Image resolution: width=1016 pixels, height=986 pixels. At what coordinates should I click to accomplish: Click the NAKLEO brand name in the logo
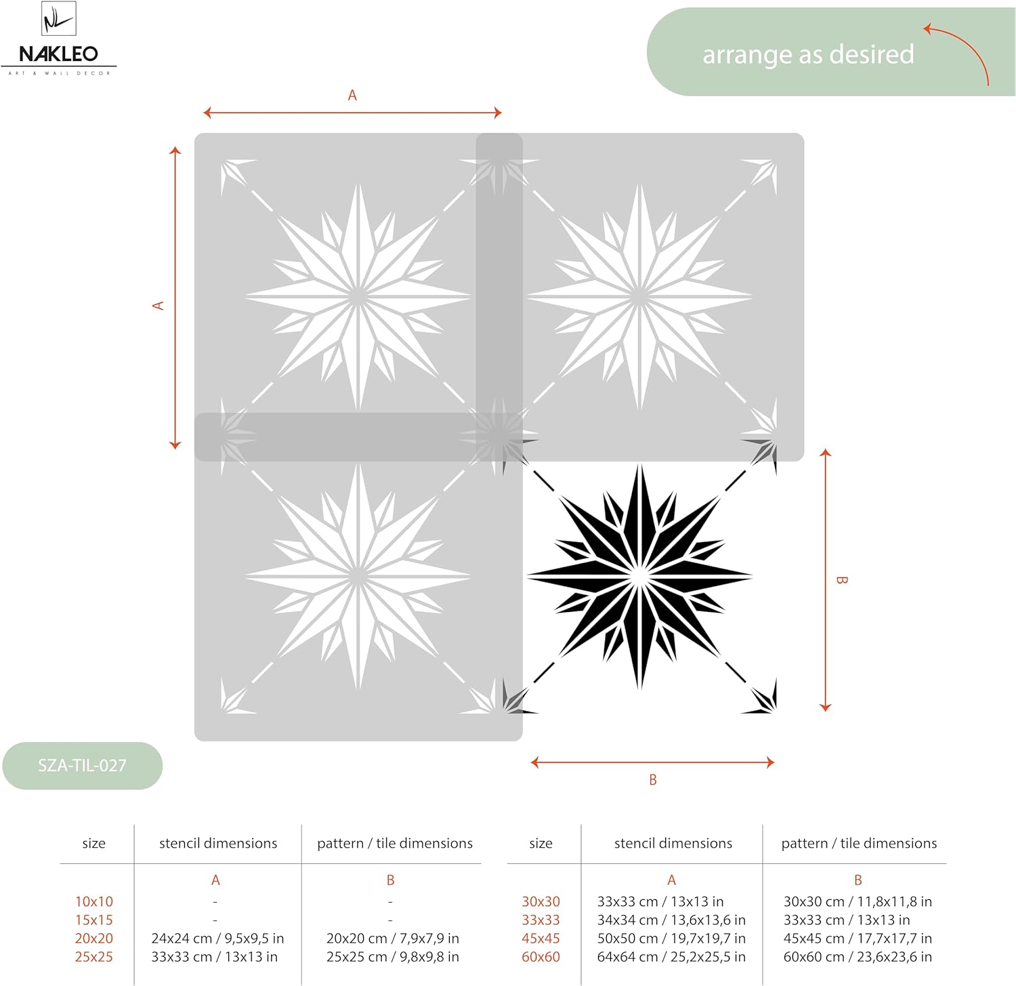(x=58, y=54)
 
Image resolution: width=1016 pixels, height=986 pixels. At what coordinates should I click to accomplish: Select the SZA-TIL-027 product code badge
(x=82, y=766)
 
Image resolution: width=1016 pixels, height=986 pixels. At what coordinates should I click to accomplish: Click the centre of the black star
(x=639, y=577)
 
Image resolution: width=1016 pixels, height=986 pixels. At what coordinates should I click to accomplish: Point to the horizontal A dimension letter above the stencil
(x=352, y=96)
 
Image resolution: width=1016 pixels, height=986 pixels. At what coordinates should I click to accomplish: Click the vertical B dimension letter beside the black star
(x=841, y=580)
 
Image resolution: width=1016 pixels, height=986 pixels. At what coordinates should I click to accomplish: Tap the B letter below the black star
(x=653, y=780)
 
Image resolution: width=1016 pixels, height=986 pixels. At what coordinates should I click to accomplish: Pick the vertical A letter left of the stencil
(x=158, y=306)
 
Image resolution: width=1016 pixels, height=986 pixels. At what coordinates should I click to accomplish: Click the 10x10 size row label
(x=94, y=902)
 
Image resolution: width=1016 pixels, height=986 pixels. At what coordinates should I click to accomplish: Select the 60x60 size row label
(x=541, y=957)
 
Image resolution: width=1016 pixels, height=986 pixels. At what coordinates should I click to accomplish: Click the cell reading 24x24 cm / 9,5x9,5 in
(x=217, y=939)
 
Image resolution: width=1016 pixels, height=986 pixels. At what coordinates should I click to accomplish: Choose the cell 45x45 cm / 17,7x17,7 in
(x=858, y=939)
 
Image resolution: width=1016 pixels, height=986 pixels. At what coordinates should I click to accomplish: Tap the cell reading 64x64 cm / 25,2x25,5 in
(x=671, y=957)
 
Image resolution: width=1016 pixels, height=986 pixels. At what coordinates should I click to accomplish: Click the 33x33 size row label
(x=541, y=920)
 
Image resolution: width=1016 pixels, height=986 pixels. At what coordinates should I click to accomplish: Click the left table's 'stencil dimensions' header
(x=218, y=844)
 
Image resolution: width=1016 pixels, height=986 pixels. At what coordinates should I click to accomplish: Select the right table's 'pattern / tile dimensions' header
(x=859, y=844)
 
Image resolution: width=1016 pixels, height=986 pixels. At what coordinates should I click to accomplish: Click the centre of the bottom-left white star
(x=358, y=577)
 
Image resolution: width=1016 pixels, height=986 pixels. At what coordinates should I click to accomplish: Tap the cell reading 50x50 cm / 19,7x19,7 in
(x=671, y=939)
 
